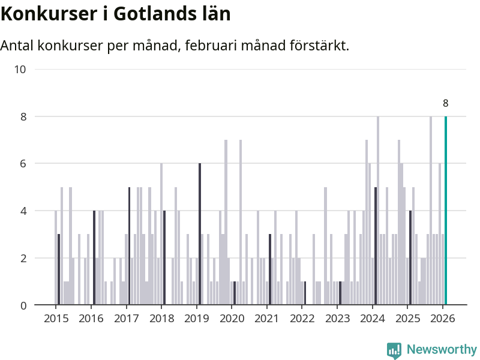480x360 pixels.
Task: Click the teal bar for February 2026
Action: (445, 210)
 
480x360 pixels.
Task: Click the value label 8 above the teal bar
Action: (445, 103)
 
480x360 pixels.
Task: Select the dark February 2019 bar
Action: (200, 234)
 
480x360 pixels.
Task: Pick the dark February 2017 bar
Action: (129, 246)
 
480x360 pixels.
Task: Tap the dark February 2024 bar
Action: (376, 246)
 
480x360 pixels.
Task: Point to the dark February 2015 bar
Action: (59, 269)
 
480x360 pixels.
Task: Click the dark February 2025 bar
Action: (410, 258)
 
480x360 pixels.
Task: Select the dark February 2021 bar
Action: (270, 269)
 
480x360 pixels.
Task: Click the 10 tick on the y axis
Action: (20, 69)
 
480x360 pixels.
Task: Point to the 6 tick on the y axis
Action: (23, 164)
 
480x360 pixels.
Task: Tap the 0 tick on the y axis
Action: (23, 305)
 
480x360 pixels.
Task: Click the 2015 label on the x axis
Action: (56, 318)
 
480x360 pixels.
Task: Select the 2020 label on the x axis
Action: (232, 318)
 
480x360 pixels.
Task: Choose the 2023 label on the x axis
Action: (337, 318)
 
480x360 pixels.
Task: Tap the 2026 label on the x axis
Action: (443, 318)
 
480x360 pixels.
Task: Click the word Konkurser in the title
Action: (44, 14)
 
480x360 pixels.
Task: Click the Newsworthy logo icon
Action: (394, 350)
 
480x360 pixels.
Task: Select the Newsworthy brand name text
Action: (442, 349)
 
